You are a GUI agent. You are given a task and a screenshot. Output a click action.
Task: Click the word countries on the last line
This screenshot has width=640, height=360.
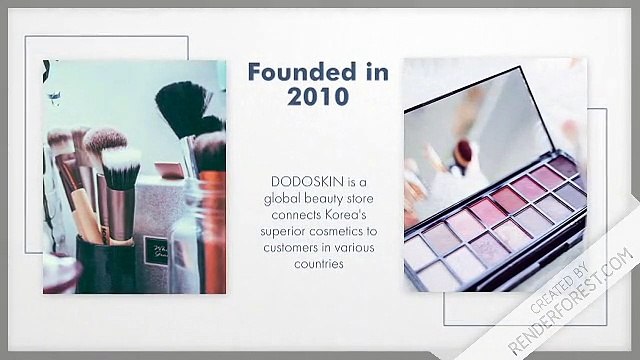[314, 264]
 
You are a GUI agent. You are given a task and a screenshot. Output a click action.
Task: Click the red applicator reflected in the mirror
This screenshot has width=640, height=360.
[465, 153]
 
